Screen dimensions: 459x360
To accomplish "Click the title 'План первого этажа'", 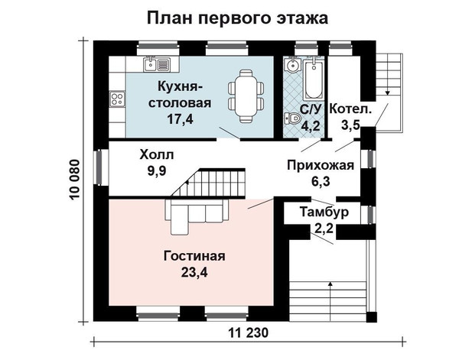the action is pyautogui.click(x=237, y=18).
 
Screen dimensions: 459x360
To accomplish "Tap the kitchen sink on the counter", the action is pyautogui.click(x=157, y=64).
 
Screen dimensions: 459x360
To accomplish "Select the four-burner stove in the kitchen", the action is pyautogui.click(x=118, y=99).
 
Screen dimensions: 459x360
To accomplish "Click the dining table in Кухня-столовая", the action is pyautogui.click(x=246, y=96).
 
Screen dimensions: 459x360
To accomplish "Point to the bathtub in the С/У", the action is pyautogui.click(x=313, y=79).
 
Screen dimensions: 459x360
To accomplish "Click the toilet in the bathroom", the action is pyautogui.click(x=293, y=118).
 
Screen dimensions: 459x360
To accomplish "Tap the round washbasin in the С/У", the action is pyautogui.click(x=292, y=65).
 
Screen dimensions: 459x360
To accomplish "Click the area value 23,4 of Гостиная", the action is pyautogui.click(x=194, y=273).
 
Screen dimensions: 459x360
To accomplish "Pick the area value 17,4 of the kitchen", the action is pyautogui.click(x=180, y=118).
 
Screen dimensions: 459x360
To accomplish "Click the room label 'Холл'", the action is pyautogui.click(x=157, y=154).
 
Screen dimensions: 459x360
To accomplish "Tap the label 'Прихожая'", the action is pyautogui.click(x=321, y=165).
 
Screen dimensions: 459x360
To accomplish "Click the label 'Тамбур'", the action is pyautogui.click(x=324, y=212).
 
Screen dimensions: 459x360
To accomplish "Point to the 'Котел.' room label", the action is pyautogui.click(x=350, y=109).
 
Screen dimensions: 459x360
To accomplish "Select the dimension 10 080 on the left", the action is pyautogui.click(x=75, y=180).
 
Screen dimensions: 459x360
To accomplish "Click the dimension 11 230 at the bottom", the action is pyautogui.click(x=248, y=332).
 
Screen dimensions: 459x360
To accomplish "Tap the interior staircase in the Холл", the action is pyautogui.click(x=208, y=183).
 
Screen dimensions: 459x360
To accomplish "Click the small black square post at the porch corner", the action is pyautogui.click(x=372, y=316).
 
